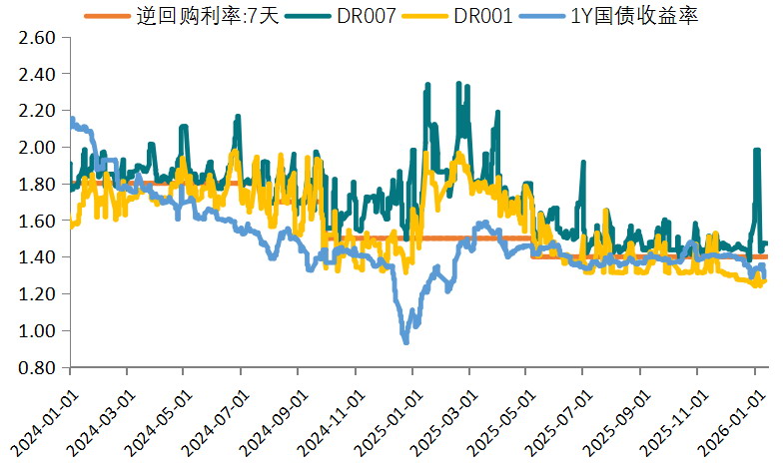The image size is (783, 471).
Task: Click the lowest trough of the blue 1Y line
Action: tap(405, 342)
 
